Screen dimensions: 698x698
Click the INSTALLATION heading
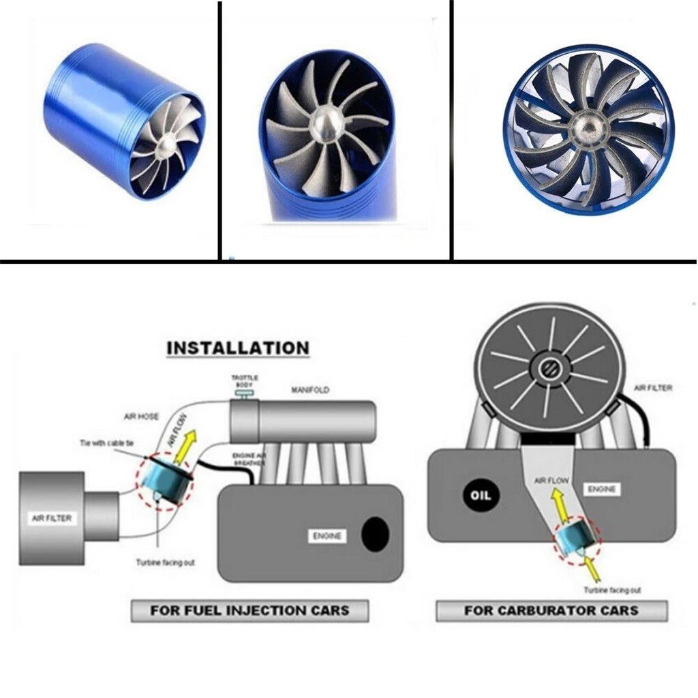tap(238, 348)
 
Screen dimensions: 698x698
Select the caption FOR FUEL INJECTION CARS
tap(249, 610)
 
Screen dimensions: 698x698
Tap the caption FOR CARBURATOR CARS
tap(551, 610)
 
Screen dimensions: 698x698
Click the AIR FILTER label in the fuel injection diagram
tap(52, 518)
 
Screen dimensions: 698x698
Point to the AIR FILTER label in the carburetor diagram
tap(653, 388)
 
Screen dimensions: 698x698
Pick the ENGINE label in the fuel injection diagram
tap(327, 536)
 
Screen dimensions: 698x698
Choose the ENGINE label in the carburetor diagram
tap(601, 489)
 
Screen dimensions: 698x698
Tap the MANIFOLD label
tap(310, 391)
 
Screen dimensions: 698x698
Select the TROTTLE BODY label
tap(244, 381)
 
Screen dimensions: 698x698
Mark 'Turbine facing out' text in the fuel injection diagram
tap(165, 562)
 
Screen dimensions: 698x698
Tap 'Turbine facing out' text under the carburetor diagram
tap(611, 590)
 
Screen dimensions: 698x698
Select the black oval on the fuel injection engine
tap(375, 534)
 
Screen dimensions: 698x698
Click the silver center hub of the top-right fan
tap(586, 127)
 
